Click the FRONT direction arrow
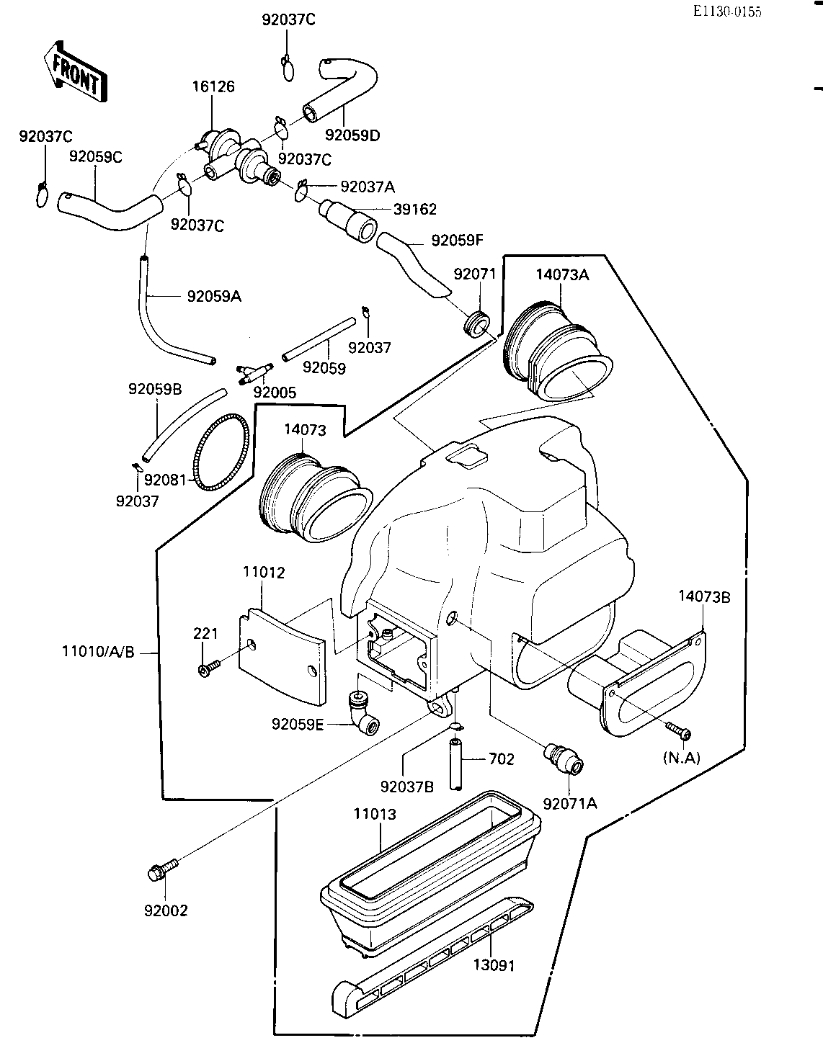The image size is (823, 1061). tap(76, 72)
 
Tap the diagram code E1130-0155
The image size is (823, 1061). tap(727, 12)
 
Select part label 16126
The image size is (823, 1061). tap(213, 86)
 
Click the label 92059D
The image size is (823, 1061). tap(352, 135)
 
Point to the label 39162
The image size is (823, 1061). tap(414, 209)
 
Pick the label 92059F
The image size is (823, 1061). tap(457, 241)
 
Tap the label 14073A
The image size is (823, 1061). tap(563, 274)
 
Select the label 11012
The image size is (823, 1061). tap(264, 572)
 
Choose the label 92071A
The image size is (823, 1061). tap(570, 803)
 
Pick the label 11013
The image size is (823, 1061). tap(375, 814)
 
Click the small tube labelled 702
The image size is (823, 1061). tap(455, 765)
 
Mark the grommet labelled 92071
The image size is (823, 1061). tap(476, 323)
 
